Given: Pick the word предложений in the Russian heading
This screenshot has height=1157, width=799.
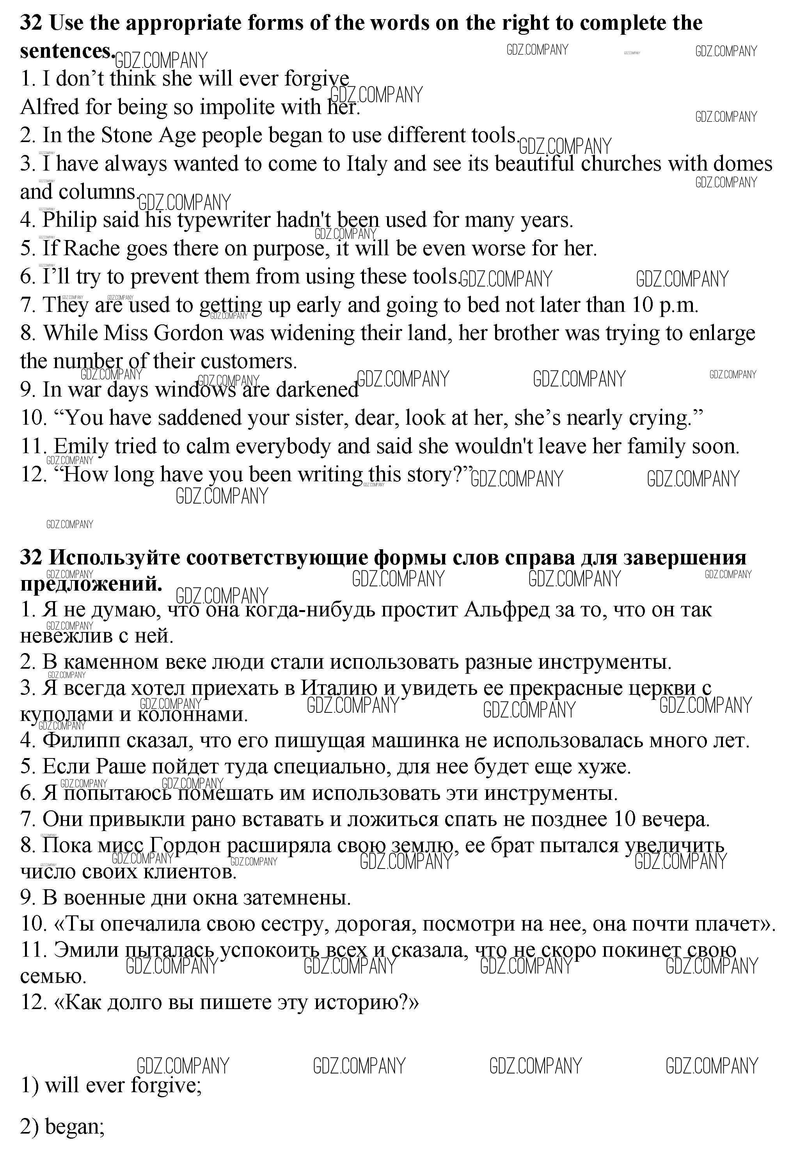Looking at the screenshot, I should (91, 584).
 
